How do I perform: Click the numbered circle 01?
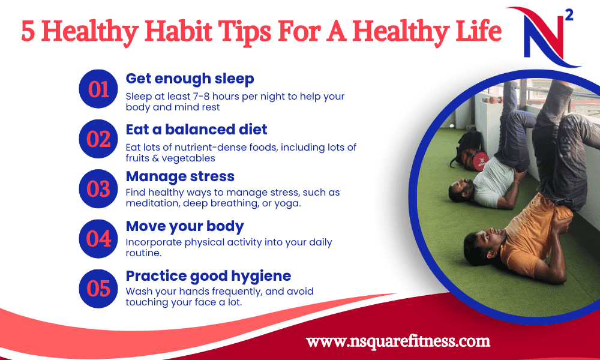[x=98, y=89]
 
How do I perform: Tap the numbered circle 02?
[x=98, y=139]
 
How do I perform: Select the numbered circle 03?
[x=98, y=188]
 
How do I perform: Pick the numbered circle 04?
[x=98, y=239]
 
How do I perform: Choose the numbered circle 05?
[x=98, y=289]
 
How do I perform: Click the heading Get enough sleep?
[x=190, y=79]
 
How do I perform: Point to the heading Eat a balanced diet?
[x=196, y=130]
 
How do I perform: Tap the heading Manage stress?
[x=180, y=176]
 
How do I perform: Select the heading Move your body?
[x=185, y=226]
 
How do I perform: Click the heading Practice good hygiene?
[x=208, y=276]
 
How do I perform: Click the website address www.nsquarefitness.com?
[x=398, y=341]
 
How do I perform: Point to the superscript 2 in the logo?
[x=569, y=16]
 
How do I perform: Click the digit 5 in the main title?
[x=28, y=31]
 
